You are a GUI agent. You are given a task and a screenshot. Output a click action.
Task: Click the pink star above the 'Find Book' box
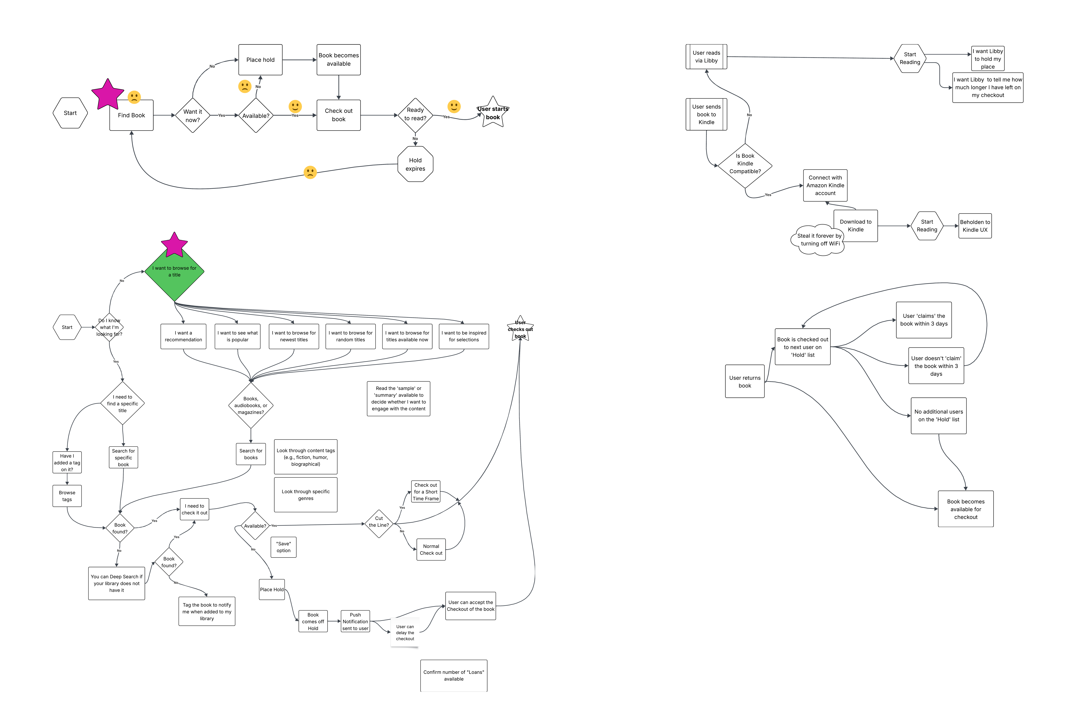(x=108, y=94)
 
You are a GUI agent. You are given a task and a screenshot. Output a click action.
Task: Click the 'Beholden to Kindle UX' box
(x=975, y=226)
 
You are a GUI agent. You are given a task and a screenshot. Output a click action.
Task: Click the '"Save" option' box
(x=284, y=547)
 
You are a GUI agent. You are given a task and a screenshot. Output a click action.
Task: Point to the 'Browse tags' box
(x=67, y=496)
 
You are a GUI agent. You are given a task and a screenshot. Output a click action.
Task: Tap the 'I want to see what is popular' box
(x=237, y=336)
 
